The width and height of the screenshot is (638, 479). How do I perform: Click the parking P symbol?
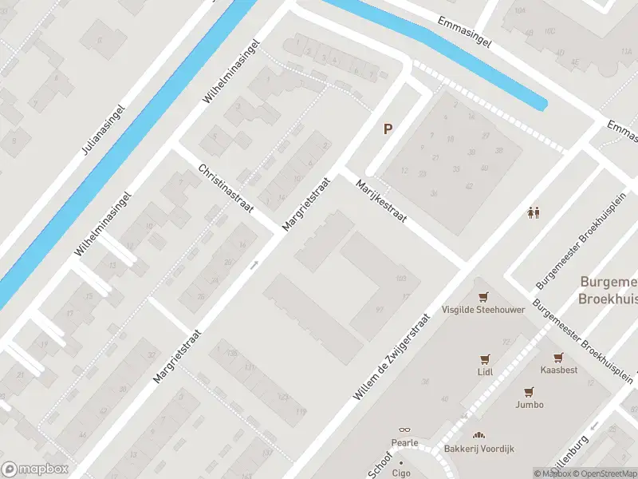388,129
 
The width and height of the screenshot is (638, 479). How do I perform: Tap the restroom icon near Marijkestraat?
534,212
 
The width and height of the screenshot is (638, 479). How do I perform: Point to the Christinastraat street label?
226,188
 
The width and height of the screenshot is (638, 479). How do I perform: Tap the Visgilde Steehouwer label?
483,309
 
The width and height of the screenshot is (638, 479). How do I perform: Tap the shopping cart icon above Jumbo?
529,391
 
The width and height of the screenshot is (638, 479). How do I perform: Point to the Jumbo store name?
530,405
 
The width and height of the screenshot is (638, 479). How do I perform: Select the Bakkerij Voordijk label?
479,449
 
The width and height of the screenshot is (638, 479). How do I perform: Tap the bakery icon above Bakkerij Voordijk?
478,435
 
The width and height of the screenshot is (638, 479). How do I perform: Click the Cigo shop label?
400,473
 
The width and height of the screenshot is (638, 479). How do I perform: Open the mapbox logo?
34,469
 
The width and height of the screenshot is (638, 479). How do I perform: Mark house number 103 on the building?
401,278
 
